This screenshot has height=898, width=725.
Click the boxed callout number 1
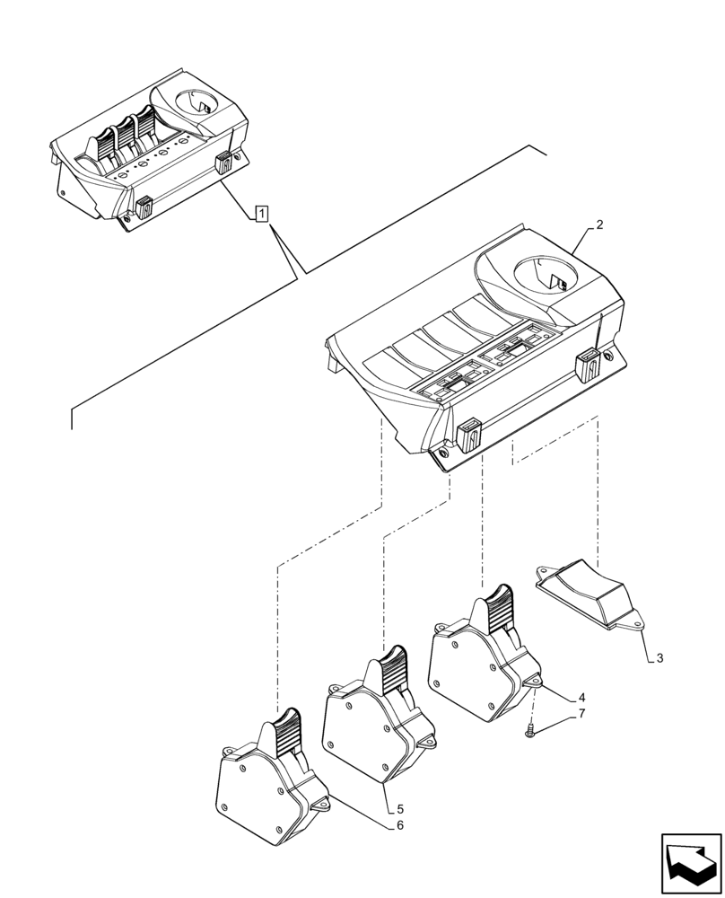coord(260,214)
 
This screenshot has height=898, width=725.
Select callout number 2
coord(599,225)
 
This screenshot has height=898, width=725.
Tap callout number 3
coord(659,658)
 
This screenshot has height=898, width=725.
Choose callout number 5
coord(389,809)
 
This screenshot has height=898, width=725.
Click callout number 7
coord(581,714)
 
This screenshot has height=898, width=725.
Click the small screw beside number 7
coord(531,731)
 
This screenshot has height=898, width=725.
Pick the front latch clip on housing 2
coord(469,437)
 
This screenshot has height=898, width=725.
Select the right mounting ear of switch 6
coord(320,806)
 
